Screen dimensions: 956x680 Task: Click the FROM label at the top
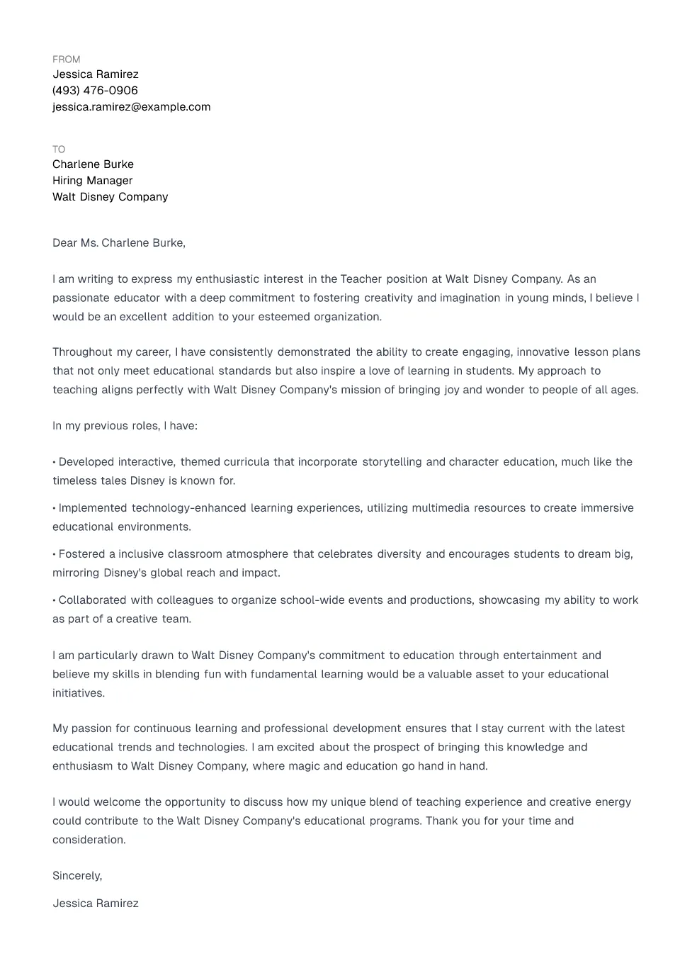(66, 60)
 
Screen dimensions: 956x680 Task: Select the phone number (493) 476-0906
(95, 91)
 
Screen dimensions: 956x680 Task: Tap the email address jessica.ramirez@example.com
(131, 107)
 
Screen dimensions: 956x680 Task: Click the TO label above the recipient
(59, 150)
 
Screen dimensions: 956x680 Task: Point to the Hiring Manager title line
(92, 181)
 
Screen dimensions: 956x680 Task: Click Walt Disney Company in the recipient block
(110, 197)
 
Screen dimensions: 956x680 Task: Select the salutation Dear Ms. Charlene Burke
(118, 243)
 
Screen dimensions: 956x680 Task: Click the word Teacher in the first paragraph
(361, 279)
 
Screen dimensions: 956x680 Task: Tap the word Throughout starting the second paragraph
(81, 352)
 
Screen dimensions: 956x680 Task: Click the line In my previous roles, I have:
(125, 426)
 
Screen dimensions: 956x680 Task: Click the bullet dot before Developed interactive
(55, 462)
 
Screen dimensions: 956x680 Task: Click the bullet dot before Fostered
(55, 554)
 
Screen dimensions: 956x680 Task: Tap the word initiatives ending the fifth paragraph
(78, 693)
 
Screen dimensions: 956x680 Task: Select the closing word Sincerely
(76, 876)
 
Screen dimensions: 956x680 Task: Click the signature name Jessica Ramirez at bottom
(95, 904)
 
